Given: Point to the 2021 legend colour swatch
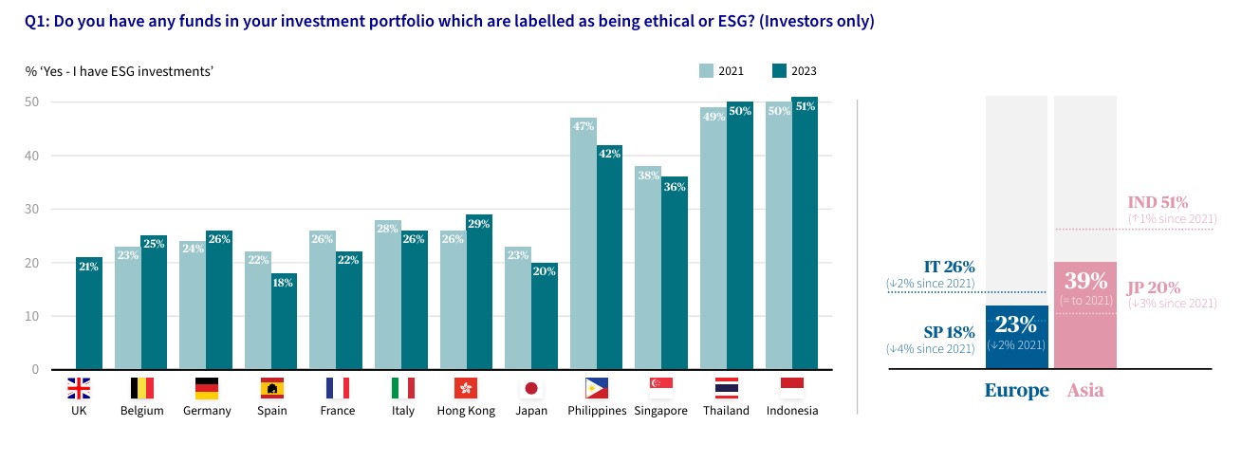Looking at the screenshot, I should pos(705,71).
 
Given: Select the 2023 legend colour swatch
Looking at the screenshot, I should pos(779,71).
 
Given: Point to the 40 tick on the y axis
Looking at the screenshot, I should pos(32,156).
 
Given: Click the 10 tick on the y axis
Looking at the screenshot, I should pos(32,316).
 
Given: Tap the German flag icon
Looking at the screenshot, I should pos(207,388).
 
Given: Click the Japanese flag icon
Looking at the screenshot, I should pos(531,388).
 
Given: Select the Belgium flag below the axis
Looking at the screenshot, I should pos(141,388).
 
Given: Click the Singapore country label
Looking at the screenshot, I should pos(660,411).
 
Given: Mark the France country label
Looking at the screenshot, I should pos(337,411).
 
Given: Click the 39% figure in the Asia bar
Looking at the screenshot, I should pos(1085,281).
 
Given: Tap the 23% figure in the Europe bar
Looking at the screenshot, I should pos(1017,324).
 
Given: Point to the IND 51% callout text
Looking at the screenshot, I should pos(1158,202).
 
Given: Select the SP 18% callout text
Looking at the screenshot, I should pos(949,332).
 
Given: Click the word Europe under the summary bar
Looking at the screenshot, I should pos(1016,390).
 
